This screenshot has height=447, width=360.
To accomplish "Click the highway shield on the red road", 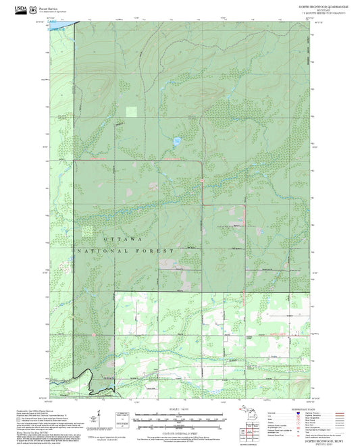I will coord(202,180).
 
